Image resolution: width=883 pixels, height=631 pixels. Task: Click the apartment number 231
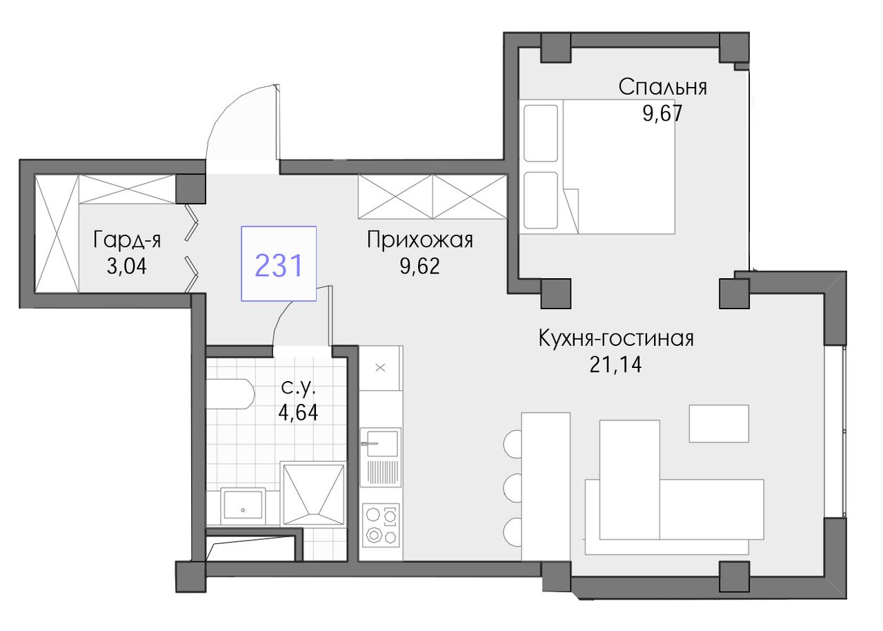pos(279,265)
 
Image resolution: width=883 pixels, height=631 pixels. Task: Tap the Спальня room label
pos(662,88)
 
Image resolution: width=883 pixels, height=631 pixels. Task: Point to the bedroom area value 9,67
pos(662,114)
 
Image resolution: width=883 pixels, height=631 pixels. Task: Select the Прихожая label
pos(420,240)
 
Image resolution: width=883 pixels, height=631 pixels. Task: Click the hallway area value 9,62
pos(420,266)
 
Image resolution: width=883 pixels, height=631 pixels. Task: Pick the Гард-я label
pos(127,240)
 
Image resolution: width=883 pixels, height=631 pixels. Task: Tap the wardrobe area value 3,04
pos(127,266)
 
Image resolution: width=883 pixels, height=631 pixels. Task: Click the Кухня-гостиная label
pos(616,339)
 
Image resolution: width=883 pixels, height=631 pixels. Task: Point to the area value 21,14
pos(616,365)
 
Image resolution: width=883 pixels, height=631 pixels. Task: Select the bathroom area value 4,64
pos(299,414)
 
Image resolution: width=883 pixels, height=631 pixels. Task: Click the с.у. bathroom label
pos(299,389)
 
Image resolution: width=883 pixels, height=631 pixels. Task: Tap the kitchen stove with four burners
pos(381,525)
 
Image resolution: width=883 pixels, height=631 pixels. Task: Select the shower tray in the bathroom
pos(313,494)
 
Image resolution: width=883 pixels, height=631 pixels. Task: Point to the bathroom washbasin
pos(244,506)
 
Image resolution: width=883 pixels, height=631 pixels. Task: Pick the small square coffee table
pos(719,424)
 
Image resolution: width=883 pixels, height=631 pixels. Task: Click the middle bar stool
pos(513,488)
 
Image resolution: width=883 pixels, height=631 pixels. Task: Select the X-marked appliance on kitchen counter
pos(381,368)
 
